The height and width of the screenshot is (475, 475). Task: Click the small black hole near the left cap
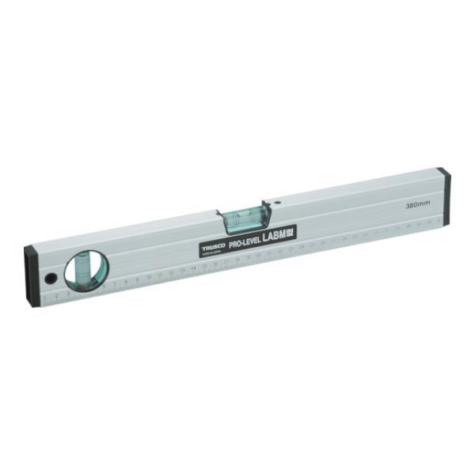point(50,278)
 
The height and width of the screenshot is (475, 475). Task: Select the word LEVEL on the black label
point(255,240)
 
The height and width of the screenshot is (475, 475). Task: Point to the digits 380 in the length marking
point(412,205)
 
